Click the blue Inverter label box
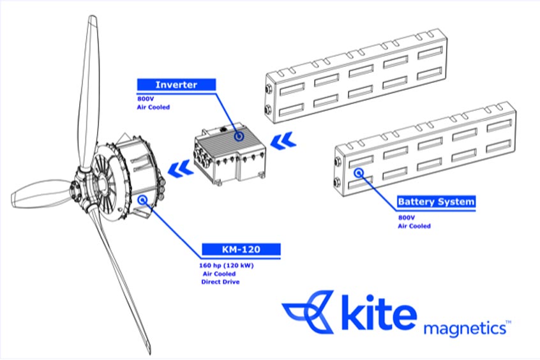click(177, 85)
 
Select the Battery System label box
click(436, 202)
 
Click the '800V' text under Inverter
click(146, 99)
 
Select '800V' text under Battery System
click(405, 217)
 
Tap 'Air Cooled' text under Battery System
click(414, 226)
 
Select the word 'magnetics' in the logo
click(465, 329)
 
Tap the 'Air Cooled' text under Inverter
click(153, 108)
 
